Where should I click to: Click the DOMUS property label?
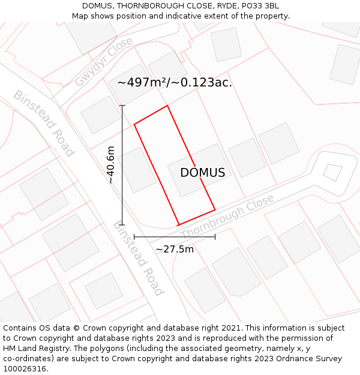point(203,173)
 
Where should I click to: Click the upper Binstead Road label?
point(44,123)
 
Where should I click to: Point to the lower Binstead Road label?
point(138,258)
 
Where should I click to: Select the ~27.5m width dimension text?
point(175,249)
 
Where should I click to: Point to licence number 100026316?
point(25,368)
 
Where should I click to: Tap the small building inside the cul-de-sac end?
point(332,172)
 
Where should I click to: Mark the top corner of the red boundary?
point(167,106)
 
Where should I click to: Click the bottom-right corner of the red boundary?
point(215,210)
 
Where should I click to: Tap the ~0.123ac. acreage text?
point(202,83)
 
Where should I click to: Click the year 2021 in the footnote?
point(231,328)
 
